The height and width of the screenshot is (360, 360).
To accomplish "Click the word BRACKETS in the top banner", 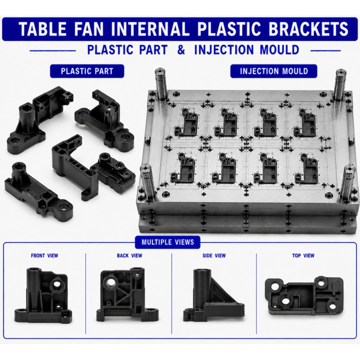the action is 309,29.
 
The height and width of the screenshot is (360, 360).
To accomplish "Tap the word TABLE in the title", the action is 43,29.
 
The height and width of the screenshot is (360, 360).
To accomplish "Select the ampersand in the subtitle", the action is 181,49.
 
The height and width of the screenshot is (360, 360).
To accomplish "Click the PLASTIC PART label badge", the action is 87,71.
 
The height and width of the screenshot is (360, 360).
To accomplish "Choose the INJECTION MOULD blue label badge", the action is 274,71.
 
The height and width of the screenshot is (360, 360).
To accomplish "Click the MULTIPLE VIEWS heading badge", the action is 168,242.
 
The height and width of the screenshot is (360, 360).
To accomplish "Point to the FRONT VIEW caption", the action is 45,256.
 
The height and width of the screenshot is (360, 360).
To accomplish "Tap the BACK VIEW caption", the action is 130,256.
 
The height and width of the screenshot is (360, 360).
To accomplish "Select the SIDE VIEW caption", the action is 214,256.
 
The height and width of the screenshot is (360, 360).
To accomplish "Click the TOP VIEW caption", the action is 303,256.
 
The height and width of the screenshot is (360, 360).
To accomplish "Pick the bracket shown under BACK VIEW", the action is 127,294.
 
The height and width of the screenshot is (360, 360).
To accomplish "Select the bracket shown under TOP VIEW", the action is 304,297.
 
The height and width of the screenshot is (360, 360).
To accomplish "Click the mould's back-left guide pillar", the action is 160,84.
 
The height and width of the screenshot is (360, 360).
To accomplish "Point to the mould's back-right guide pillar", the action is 340,84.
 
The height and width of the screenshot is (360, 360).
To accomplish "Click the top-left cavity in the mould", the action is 186,122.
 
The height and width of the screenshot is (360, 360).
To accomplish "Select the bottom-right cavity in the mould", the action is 307,169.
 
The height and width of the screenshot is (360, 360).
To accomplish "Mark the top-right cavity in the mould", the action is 304,122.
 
